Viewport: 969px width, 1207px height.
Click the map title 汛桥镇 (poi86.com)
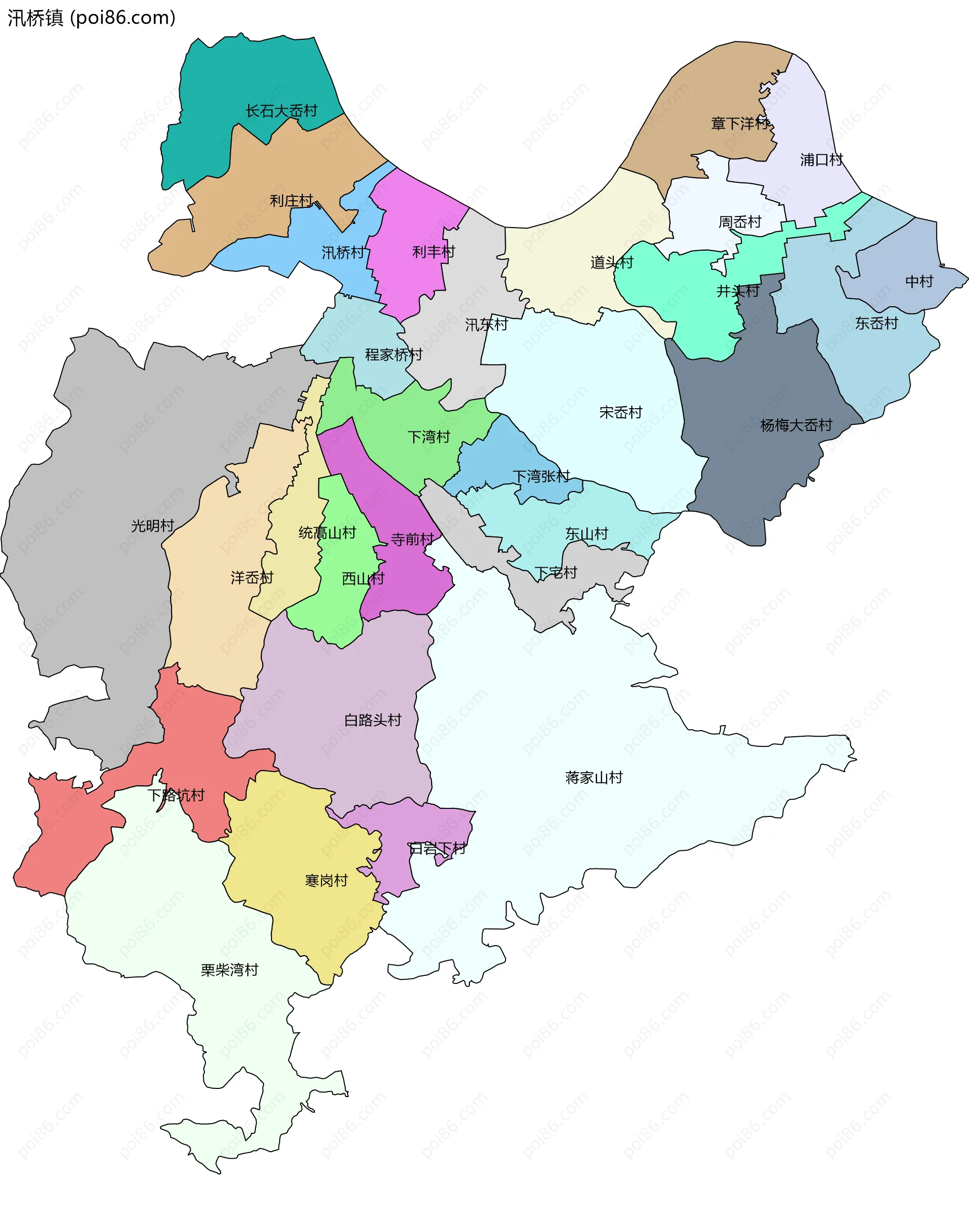91,18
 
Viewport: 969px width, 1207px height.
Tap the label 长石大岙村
281,111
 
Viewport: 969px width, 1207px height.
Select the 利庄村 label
291,200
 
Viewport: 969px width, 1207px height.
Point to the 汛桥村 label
343,252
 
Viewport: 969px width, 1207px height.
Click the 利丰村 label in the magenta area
434,252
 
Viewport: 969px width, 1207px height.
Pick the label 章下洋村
739,123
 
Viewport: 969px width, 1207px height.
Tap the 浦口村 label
821,160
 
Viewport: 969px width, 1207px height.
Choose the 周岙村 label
739,222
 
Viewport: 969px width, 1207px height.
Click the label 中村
919,282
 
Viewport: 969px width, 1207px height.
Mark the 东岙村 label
876,323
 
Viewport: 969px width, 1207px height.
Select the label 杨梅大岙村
795,425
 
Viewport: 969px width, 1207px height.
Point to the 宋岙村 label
620,413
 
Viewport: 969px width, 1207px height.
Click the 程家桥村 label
393,354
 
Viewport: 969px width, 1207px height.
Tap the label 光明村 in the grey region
152,526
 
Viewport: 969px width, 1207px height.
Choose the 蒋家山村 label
594,778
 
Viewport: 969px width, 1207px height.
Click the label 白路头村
372,720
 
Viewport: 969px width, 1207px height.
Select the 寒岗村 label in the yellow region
326,881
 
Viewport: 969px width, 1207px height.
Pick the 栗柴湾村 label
230,970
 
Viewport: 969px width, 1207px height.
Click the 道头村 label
611,262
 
